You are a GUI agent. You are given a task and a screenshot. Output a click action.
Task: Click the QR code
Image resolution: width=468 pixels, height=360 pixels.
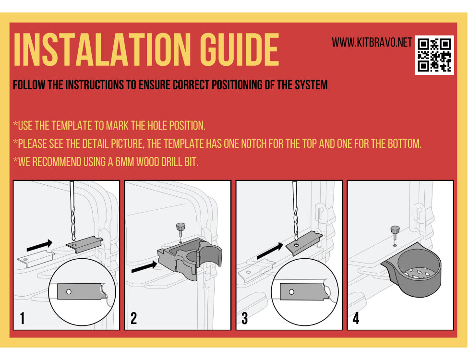(x=434, y=55)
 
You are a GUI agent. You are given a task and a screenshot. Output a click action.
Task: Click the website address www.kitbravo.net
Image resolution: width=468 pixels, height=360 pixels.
(x=372, y=42)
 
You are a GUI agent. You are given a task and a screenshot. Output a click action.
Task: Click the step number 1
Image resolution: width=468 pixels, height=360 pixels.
(x=22, y=318)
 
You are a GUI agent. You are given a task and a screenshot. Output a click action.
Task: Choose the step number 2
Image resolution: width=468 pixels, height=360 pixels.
(x=134, y=318)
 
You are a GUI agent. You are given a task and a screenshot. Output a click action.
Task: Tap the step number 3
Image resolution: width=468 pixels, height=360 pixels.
(x=245, y=318)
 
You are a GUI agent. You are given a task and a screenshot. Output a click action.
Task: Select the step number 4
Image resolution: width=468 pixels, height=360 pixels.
(x=356, y=318)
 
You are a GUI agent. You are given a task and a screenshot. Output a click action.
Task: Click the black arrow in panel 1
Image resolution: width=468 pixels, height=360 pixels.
(x=39, y=245)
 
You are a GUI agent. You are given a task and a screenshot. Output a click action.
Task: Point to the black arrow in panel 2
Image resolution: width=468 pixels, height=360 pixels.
(x=144, y=266)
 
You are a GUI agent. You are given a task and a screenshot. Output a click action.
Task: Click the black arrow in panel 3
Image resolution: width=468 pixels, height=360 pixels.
(x=270, y=251)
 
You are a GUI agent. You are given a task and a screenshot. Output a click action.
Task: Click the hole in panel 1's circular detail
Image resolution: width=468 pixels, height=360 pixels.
(x=69, y=292)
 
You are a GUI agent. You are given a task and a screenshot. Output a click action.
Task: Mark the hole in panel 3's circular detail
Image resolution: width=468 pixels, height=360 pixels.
(x=292, y=292)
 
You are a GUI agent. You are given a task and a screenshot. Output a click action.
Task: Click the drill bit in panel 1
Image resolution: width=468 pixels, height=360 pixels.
(x=72, y=211)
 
